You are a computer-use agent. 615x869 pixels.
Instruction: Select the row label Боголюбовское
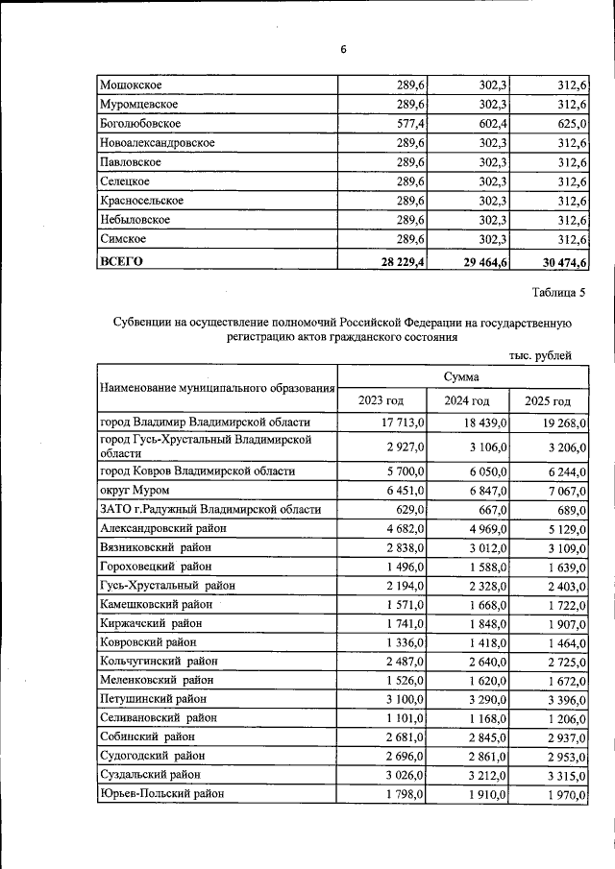[x=140, y=124]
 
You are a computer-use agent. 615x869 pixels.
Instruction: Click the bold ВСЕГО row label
[x=121, y=259]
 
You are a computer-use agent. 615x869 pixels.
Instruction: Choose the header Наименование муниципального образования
[x=216, y=388]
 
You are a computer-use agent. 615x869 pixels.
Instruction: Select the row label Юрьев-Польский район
[x=161, y=793]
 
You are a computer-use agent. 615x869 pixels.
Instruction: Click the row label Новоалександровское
[x=157, y=143]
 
